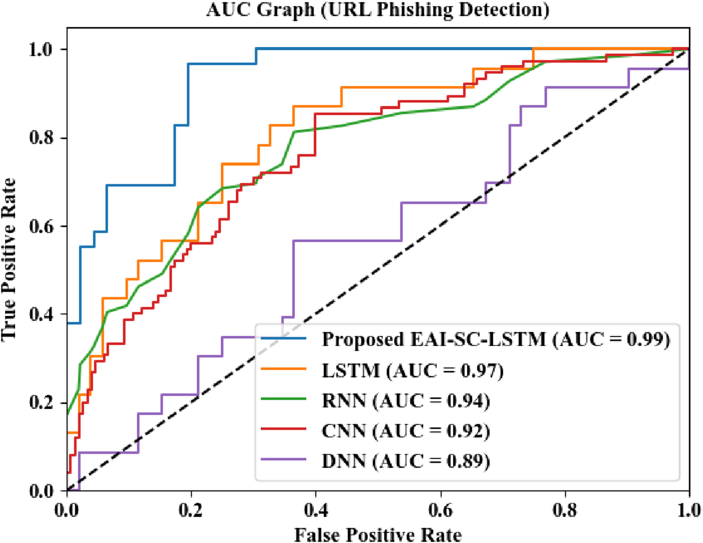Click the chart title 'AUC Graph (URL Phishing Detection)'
click(x=378, y=10)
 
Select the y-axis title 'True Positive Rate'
click(x=9, y=259)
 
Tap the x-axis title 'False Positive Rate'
click(x=378, y=534)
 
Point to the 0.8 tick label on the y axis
click(x=41, y=138)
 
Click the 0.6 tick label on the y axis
click(x=41, y=226)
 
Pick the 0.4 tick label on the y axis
click(x=41, y=314)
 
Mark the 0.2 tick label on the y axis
click(x=41, y=402)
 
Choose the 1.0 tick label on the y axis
click(x=41, y=49)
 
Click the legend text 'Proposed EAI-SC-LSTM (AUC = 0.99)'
click(x=496, y=339)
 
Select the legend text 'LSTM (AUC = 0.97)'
click(x=412, y=370)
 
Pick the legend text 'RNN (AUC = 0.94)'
click(x=406, y=400)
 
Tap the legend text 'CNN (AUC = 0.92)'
click(x=406, y=430)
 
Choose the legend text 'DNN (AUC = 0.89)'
click(x=406, y=460)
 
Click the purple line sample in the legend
click(x=284, y=460)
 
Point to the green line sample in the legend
click(x=284, y=400)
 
